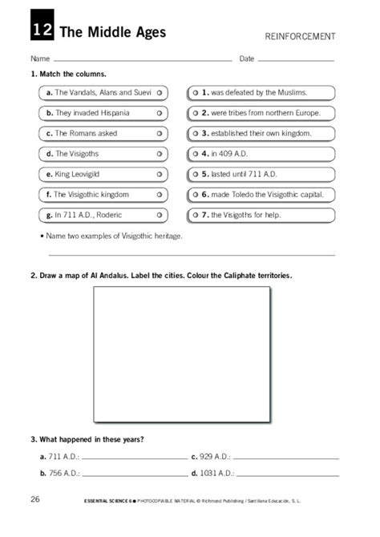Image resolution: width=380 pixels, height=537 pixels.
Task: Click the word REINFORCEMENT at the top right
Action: [299, 37]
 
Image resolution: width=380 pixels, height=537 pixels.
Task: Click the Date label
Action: [246, 59]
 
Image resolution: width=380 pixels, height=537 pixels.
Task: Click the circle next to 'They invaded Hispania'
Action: [160, 113]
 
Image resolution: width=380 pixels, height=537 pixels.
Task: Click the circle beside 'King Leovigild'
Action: [160, 174]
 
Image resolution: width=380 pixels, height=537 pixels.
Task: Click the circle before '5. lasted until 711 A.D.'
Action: [195, 174]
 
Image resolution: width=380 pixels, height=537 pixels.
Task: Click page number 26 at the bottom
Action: [35, 500]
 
